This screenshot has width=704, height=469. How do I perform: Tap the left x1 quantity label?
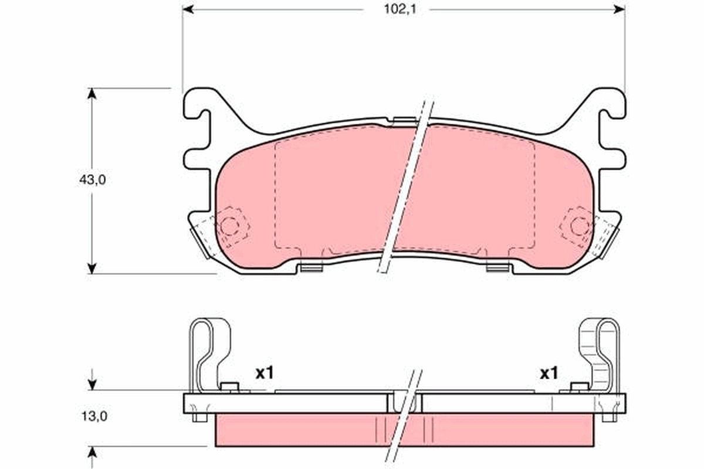[x=265, y=372]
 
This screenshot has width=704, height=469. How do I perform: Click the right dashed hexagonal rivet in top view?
[x=580, y=226]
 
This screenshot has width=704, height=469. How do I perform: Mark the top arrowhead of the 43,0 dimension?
[x=92, y=93]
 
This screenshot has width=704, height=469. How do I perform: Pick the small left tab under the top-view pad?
[x=312, y=268]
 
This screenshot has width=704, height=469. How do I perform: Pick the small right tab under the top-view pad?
[x=497, y=268]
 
